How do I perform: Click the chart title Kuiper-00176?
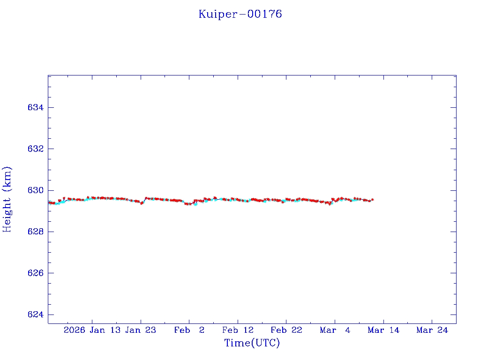[240, 14]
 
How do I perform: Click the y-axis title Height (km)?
[7, 199]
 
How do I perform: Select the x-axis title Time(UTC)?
[252, 343]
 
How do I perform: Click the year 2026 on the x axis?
[75, 330]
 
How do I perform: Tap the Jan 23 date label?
[141, 330]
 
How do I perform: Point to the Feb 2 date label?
[189, 330]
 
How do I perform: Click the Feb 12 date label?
[238, 330]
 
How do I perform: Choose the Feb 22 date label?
[286, 330]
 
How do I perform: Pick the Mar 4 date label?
[335, 330]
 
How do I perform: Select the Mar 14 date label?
[383, 330]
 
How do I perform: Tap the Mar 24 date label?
[432, 330]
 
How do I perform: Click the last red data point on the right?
[373, 200]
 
